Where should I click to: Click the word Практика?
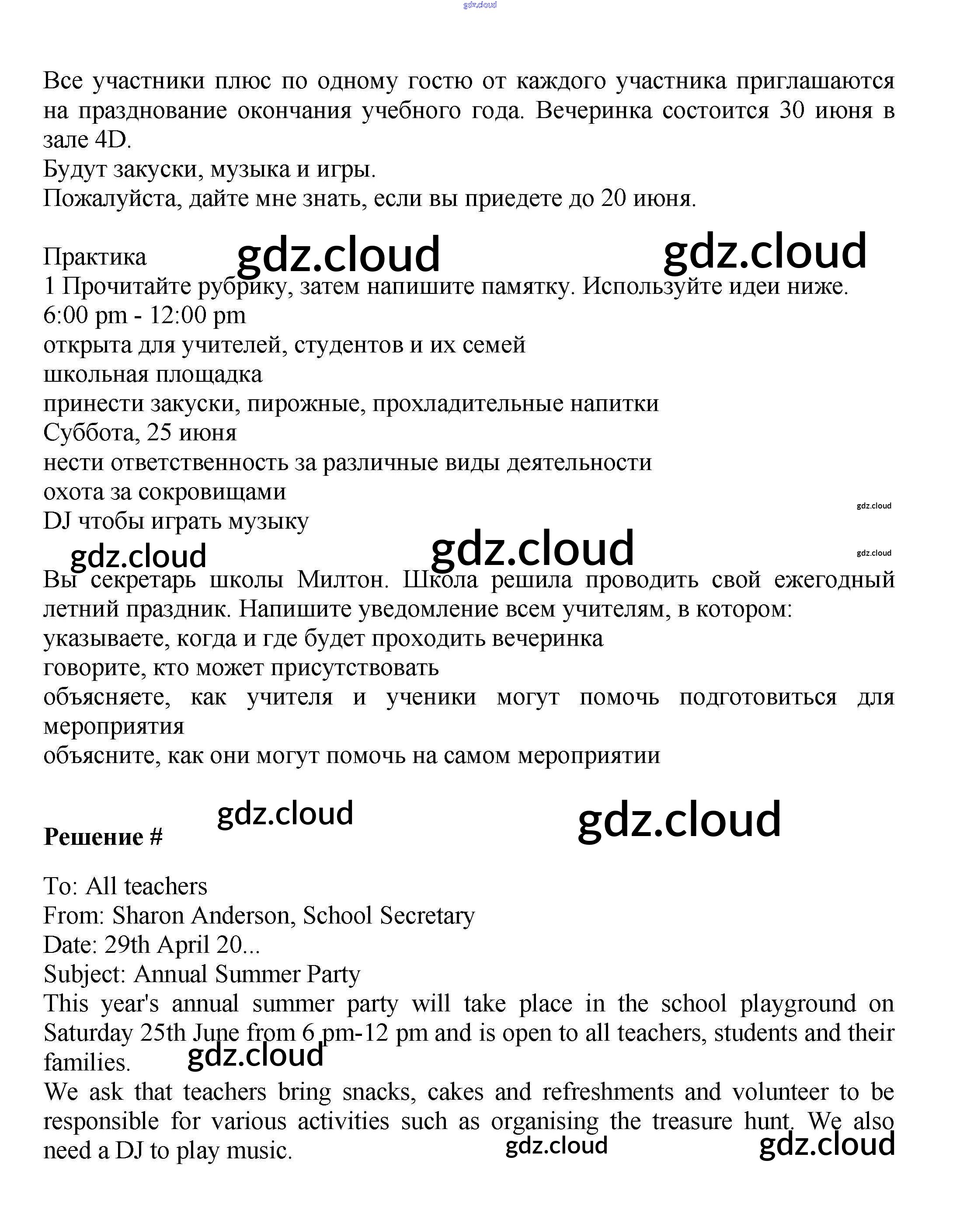click(94, 258)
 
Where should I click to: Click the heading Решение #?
click(103, 837)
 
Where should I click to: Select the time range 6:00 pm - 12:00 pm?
click(144, 315)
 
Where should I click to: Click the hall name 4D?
click(112, 140)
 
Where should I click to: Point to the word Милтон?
click(342, 579)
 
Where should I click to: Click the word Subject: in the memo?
click(84, 974)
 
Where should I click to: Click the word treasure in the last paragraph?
click(692, 1121)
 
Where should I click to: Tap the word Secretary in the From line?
click(427, 916)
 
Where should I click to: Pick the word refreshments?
click(608, 1092)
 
